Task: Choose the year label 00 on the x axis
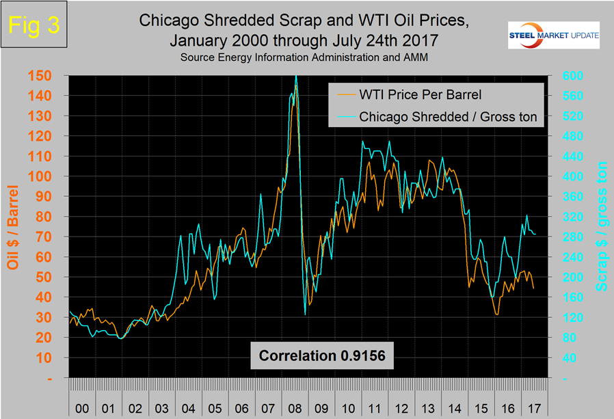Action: pyautogui.click(x=81, y=407)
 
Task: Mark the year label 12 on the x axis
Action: pyautogui.click(x=401, y=407)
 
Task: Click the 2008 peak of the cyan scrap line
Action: pyautogui.click(x=295, y=76)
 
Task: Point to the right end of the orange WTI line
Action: pyautogui.click(x=534, y=288)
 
